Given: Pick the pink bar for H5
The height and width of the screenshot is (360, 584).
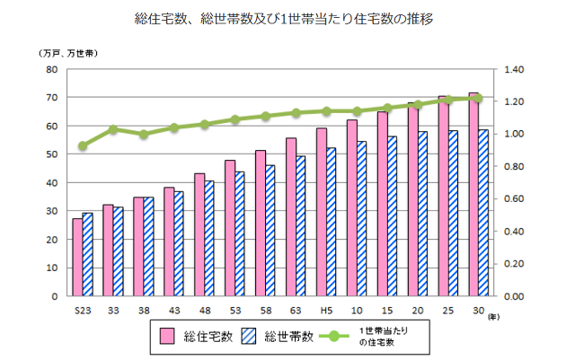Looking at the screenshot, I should [x=321, y=212].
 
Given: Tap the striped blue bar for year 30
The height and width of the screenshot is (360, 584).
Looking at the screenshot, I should [x=483, y=213].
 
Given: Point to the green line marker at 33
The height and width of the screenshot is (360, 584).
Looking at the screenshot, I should [x=113, y=129].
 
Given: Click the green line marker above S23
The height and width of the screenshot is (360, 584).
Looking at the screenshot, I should [x=83, y=145].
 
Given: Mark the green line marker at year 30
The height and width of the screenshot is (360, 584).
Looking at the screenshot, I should [x=478, y=98].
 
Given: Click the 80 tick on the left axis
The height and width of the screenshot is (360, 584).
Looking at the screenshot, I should [x=51, y=69].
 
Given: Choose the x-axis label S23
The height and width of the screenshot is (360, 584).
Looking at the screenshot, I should [x=83, y=310].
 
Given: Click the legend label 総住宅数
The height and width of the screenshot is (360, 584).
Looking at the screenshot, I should [x=208, y=337].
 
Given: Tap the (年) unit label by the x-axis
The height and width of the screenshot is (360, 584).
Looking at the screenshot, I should [x=493, y=317].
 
